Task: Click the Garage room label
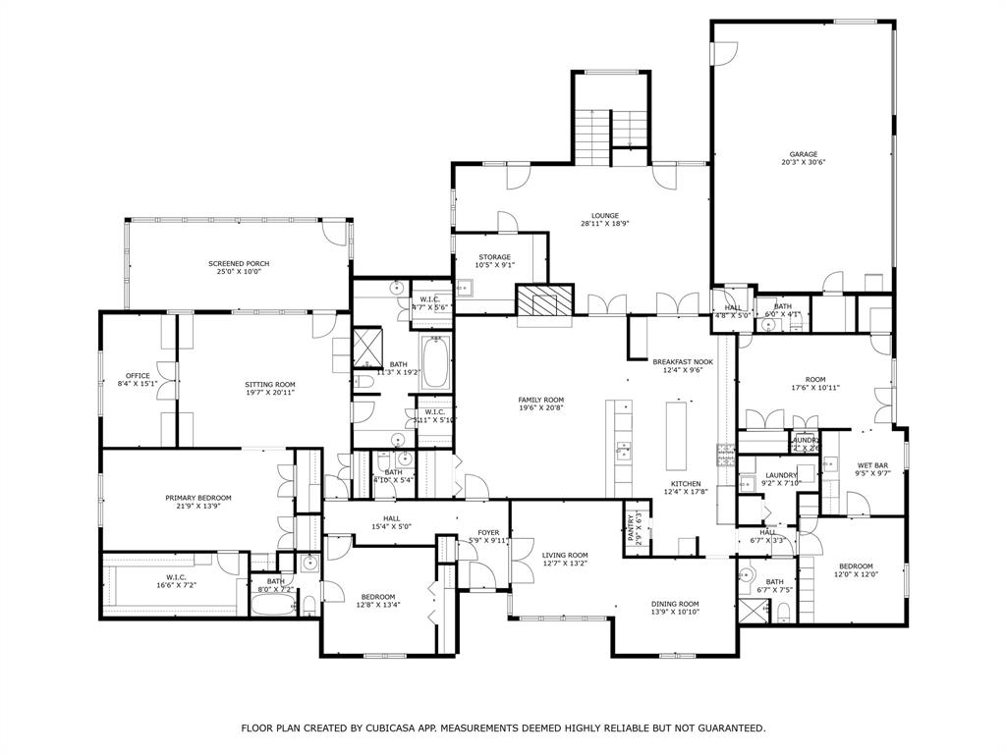[803, 154]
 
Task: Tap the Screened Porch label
[239, 263]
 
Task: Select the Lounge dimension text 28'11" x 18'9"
[604, 224]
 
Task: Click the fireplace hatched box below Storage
[544, 300]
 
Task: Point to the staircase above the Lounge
[591, 134]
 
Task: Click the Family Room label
[541, 400]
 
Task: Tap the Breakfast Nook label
[683, 361]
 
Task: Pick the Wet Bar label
[872, 465]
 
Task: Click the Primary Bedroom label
[198, 498]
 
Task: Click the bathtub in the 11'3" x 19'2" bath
[435, 362]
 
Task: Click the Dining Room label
[675, 604]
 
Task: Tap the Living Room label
[565, 555]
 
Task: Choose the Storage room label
[494, 257]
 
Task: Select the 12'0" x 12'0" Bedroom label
[855, 565]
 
